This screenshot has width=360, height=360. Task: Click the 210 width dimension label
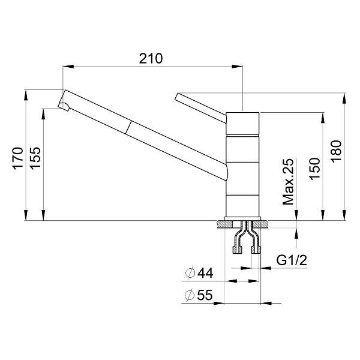click(x=151, y=58)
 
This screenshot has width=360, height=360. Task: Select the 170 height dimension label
click(x=18, y=158)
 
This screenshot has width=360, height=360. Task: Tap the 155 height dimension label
click(x=35, y=158)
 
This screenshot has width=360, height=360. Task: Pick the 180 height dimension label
click(x=336, y=151)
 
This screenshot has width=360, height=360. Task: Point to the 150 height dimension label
click(x=314, y=169)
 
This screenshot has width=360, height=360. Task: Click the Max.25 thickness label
click(x=288, y=182)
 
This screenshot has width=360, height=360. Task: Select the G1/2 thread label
click(x=292, y=260)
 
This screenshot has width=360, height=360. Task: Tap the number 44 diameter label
click(x=205, y=273)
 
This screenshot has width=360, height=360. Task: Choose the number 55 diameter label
click(x=205, y=295)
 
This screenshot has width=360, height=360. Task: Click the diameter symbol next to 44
click(x=190, y=273)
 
